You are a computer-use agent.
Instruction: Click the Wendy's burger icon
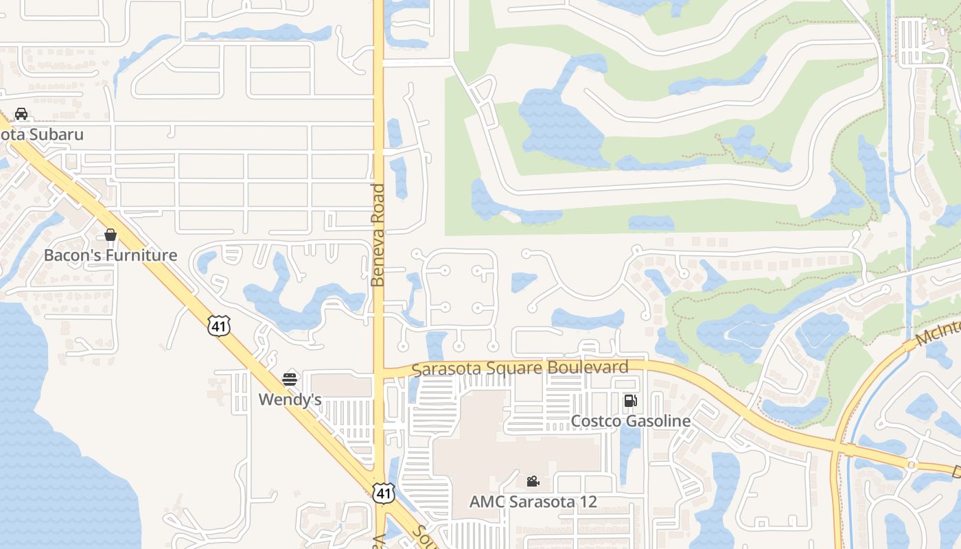pyautogui.click(x=290, y=379)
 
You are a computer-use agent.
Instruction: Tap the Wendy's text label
pyautogui.click(x=290, y=399)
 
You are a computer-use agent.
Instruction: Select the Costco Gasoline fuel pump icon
pyautogui.click(x=630, y=401)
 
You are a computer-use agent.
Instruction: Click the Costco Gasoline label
pyautogui.click(x=631, y=421)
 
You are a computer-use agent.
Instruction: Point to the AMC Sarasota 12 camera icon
pyautogui.click(x=533, y=481)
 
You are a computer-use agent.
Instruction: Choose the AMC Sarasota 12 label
pyautogui.click(x=533, y=502)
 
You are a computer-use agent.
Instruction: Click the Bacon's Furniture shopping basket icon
pyautogui.click(x=111, y=235)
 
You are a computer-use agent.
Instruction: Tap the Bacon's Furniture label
pyautogui.click(x=111, y=255)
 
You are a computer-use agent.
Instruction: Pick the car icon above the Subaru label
pyautogui.click(x=21, y=114)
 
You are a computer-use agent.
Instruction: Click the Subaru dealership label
pyautogui.click(x=41, y=135)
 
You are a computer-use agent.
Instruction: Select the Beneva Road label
pyautogui.click(x=378, y=235)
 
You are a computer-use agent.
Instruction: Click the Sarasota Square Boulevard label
pyautogui.click(x=520, y=368)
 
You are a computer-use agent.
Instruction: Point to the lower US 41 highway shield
pyautogui.click(x=384, y=492)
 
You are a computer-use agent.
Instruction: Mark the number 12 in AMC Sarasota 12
pyautogui.click(x=588, y=502)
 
